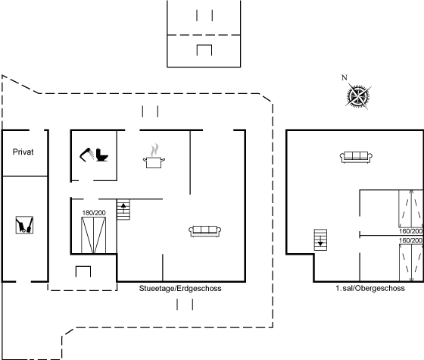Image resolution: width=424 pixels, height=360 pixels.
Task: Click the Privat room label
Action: pos(23,152)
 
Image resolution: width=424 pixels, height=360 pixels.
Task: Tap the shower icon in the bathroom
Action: pos(86,155)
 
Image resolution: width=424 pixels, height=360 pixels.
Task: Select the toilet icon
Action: pos(102,155)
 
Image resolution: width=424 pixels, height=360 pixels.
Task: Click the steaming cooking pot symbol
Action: pos(154,156)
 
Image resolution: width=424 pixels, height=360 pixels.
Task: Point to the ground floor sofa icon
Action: pos(205,231)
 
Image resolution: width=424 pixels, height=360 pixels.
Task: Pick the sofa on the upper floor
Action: pos(356,158)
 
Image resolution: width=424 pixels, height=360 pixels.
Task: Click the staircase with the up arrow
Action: pos(123,209)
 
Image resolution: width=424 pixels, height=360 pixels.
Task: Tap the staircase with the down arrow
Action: pos(320,239)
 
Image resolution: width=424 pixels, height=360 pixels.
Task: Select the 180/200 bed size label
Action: pos(94,213)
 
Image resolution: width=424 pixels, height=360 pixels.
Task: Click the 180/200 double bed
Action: pos(94,235)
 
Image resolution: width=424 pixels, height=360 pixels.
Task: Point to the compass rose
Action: pos(358,95)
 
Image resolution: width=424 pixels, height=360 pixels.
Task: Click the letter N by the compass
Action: pos(344,77)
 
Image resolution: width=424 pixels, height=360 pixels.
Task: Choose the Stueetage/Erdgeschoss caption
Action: pos(180,289)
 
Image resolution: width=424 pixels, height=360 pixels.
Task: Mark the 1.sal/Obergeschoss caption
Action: pos(370,288)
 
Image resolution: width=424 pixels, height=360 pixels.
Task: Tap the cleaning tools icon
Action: pos(24,225)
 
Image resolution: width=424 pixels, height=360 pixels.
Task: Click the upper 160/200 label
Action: pos(410,231)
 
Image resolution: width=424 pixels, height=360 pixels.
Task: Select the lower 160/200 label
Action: pos(410,240)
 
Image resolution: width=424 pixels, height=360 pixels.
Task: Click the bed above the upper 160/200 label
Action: pos(411,208)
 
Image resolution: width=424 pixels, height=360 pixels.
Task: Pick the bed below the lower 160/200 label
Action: pos(411,263)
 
